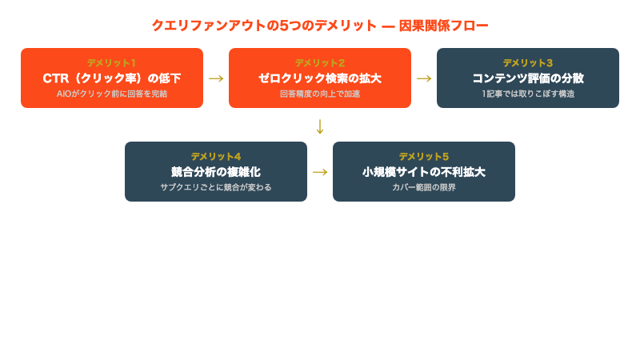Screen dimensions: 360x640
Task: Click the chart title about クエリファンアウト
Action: pyautogui.click(x=320, y=26)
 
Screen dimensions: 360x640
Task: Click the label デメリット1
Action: pyautogui.click(x=112, y=62)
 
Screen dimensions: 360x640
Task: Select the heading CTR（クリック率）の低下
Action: pyautogui.click(x=112, y=78)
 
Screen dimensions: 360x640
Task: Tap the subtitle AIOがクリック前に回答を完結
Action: pyautogui.click(x=112, y=94)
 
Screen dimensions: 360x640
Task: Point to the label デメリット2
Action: pyautogui.click(x=320, y=62)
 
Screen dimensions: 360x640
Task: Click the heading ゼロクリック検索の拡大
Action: pyautogui.click(x=320, y=78)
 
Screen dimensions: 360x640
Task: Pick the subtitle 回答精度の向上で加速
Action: pyautogui.click(x=320, y=94)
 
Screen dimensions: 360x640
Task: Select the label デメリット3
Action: pyautogui.click(x=528, y=62)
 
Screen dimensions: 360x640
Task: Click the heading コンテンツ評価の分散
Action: pyautogui.click(x=528, y=78)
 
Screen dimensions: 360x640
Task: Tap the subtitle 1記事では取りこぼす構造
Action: pyautogui.click(x=528, y=94)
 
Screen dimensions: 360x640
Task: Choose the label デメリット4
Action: pyautogui.click(x=216, y=156)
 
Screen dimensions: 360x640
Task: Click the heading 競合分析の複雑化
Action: pyautogui.click(x=216, y=172)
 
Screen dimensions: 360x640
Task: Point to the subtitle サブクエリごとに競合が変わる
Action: pyautogui.click(x=216, y=187)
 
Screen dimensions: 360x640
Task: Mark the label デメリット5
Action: pyautogui.click(x=424, y=156)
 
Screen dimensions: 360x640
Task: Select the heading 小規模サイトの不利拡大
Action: pyautogui.click(x=424, y=172)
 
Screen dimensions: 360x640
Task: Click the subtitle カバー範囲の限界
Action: pyautogui.click(x=424, y=187)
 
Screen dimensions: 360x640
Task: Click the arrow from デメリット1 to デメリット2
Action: pyautogui.click(x=216, y=78)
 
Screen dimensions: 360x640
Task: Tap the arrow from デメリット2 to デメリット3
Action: pyautogui.click(x=424, y=78)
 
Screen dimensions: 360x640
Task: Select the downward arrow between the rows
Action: pyautogui.click(x=320, y=126)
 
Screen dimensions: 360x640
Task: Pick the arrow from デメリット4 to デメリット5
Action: pyautogui.click(x=320, y=172)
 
